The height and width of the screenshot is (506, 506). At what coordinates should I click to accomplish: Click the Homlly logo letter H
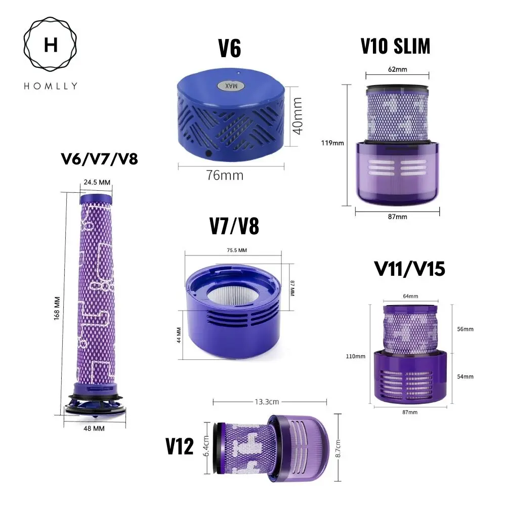pyautogui.click(x=51, y=46)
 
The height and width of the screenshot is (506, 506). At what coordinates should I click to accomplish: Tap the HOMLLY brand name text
pyautogui.click(x=51, y=86)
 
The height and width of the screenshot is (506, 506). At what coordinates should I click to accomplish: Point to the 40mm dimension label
pyautogui.click(x=298, y=116)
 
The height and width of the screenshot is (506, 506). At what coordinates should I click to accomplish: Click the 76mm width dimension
pyautogui.click(x=225, y=175)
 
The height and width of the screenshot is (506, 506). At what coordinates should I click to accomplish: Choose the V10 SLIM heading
pyautogui.click(x=395, y=46)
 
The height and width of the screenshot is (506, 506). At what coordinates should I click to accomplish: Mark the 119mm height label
pyautogui.click(x=333, y=143)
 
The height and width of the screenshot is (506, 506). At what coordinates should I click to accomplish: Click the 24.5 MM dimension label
pyautogui.click(x=96, y=182)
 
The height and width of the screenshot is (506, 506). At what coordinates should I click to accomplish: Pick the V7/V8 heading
pyautogui.click(x=234, y=227)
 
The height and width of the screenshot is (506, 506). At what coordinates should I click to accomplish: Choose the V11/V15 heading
pyautogui.click(x=410, y=269)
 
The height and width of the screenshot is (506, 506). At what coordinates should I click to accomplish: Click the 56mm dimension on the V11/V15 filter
pyautogui.click(x=465, y=329)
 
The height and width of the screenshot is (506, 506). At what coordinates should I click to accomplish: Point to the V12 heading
pyautogui.click(x=180, y=447)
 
